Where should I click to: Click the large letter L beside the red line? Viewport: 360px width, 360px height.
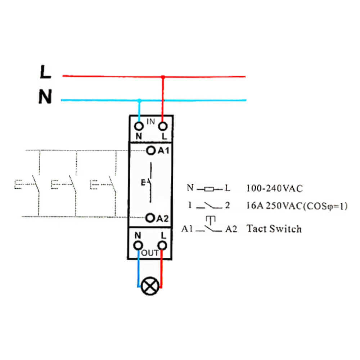pos(45,72)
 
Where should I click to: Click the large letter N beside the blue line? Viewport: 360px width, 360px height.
pos(45,96)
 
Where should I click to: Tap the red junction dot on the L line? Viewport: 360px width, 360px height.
pos(163,77)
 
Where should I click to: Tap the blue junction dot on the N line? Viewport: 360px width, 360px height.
pos(139,100)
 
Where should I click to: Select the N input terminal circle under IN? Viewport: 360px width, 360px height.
pos(139,126)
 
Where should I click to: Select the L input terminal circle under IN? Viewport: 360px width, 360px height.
pos(163,126)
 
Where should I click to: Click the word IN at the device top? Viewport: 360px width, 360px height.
pos(150,121)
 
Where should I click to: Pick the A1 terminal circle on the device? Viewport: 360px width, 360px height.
pos(151,150)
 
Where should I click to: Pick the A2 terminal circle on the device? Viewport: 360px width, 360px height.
pos(150,218)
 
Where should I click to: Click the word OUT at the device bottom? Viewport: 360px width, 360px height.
pos(150,253)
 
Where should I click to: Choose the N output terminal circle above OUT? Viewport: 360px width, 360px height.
pos(138,246)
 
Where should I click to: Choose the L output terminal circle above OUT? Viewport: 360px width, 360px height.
pos(163,246)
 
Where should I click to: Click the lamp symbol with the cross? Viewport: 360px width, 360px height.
pos(150,286)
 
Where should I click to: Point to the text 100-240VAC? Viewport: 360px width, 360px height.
pos(274,189)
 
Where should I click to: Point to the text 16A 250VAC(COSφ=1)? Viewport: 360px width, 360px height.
pos(297,206)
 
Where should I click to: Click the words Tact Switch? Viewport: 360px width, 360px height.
pos(274,229)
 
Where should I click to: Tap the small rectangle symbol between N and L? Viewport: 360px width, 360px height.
pos(209,189)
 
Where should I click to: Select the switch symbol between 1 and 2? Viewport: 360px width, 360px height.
pos(209,205)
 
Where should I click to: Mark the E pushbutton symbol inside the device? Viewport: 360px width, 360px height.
pos(147,183)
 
